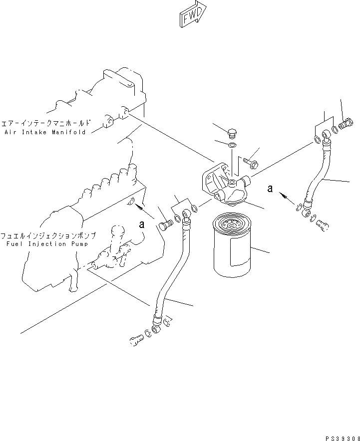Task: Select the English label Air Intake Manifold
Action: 45,132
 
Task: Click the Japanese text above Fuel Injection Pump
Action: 48,234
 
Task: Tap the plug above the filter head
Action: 232,133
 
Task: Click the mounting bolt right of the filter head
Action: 251,162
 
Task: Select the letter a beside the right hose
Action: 270,188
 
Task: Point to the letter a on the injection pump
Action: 141,224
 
